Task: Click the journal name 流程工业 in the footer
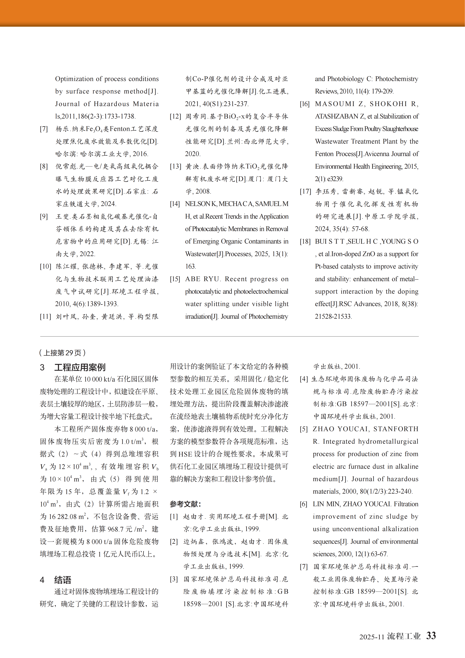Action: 404,636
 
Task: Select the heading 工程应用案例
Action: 80,367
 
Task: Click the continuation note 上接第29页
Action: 62,353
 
